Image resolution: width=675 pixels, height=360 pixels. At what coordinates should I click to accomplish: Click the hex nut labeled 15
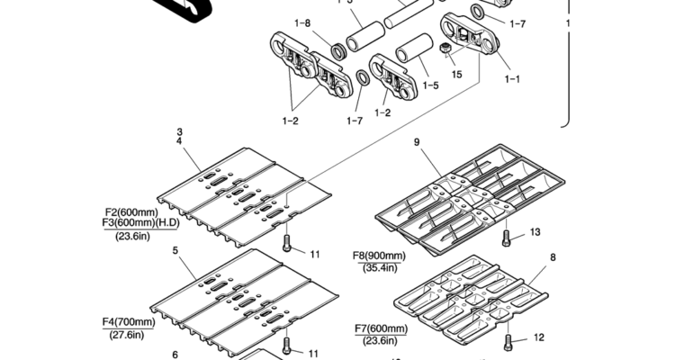pos(445,49)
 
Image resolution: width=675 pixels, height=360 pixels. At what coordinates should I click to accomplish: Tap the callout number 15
pos(456,75)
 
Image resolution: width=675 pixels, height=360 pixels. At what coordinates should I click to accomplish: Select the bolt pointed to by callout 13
pos(506,238)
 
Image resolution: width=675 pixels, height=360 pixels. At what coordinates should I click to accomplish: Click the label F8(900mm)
pos(379,256)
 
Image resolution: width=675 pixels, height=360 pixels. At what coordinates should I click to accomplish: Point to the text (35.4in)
pos(379,267)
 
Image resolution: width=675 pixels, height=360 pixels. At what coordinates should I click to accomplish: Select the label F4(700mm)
pos(129,322)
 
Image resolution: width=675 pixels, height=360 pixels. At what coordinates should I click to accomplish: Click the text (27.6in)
pos(127,335)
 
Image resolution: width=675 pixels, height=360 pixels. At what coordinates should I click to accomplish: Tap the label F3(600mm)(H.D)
pos(140,223)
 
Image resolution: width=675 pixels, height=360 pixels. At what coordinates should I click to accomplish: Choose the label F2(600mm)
pos(131,212)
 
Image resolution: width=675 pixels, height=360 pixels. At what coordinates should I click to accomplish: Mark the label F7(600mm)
pos(381,329)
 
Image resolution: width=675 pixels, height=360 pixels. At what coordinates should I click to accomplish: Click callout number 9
pos(417,142)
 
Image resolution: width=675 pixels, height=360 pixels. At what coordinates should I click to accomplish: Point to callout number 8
pos(553,257)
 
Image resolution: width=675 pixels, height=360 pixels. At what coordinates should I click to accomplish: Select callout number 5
pos(175,250)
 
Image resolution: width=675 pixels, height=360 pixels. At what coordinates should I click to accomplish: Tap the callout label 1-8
pos(302,22)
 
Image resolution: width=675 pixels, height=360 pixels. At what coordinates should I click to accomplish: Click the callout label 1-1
pos(512,79)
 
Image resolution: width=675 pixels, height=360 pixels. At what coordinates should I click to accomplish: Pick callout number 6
pos(175,355)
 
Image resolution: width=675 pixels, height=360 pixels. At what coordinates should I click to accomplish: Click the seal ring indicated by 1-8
pos(339,51)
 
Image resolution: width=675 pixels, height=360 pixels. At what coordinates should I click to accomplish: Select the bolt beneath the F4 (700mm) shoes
pos(287,346)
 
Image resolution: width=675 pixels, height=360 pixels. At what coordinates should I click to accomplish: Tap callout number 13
pos(535,232)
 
